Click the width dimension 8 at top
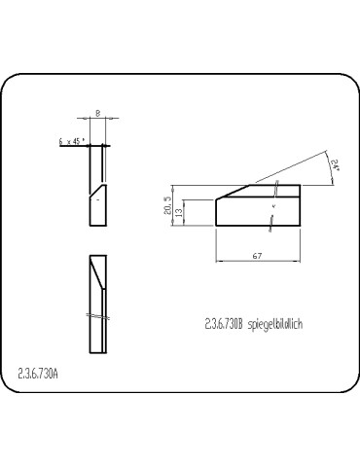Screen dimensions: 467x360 tap(101, 114)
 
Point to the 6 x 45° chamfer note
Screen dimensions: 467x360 tap(72, 141)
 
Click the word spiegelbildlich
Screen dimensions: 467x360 tap(275, 325)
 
